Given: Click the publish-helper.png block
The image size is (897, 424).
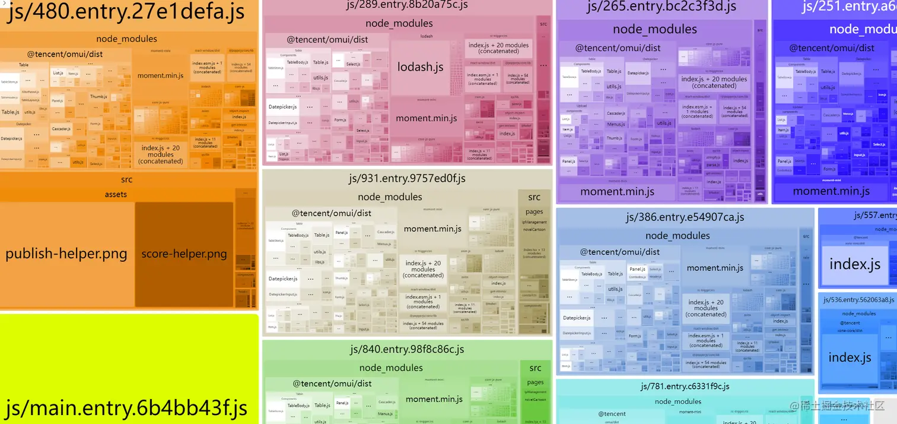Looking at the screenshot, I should tap(66, 254).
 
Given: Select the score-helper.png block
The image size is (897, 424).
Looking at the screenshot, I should tap(184, 254).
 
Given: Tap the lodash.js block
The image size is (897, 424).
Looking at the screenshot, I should tap(420, 67).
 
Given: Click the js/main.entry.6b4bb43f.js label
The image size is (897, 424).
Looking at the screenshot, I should tap(126, 408).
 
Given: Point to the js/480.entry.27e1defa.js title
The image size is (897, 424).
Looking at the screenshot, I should tap(126, 13).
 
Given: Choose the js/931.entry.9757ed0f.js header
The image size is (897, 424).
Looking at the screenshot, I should tap(407, 178).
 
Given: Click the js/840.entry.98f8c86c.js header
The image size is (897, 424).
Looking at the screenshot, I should tap(407, 349).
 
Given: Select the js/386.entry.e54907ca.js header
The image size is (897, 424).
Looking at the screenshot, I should tap(685, 217).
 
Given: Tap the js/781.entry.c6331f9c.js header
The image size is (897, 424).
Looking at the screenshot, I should tap(685, 387).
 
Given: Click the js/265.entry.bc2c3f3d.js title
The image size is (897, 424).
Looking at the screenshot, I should tap(661, 7).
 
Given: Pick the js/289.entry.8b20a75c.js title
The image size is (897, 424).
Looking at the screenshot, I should tap(407, 5).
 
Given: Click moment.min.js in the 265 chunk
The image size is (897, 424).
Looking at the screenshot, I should tap(617, 191).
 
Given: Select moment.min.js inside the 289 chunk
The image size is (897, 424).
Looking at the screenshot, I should tap(426, 118).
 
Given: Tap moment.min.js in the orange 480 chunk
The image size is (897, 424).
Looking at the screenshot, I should tap(160, 75).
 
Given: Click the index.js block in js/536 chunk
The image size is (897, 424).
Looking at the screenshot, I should tap(850, 357).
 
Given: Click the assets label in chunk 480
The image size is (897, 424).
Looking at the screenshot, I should tap(116, 194).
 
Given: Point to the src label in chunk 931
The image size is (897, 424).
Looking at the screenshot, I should tap(534, 197).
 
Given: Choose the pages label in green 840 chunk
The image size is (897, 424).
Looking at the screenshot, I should tap(535, 382).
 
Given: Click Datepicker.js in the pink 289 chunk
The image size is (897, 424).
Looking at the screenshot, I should tap(282, 107).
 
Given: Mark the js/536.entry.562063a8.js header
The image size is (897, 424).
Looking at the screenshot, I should tap(858, 300).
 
